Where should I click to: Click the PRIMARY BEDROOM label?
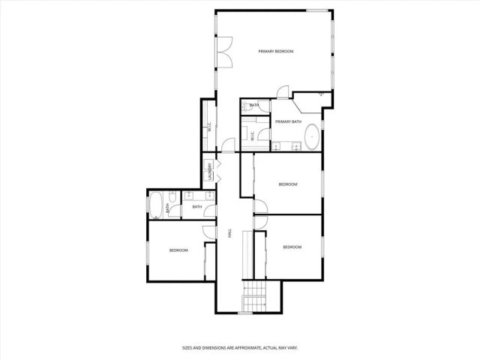pos(275,51)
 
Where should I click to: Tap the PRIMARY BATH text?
pos(288,121)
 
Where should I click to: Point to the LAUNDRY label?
pos(210,172)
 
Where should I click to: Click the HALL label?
pos(229,235)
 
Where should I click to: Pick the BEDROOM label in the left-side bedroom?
pos(178,250)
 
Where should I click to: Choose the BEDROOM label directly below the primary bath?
pos(288,184)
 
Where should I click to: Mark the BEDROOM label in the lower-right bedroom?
pos(292,247)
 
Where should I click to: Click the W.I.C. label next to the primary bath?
pos(252,135)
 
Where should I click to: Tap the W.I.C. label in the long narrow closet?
pos(209,127)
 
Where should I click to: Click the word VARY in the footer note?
pos(293,348)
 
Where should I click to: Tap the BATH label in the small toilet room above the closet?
pos(255,105)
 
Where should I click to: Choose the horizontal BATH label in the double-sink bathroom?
pos(197,207)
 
